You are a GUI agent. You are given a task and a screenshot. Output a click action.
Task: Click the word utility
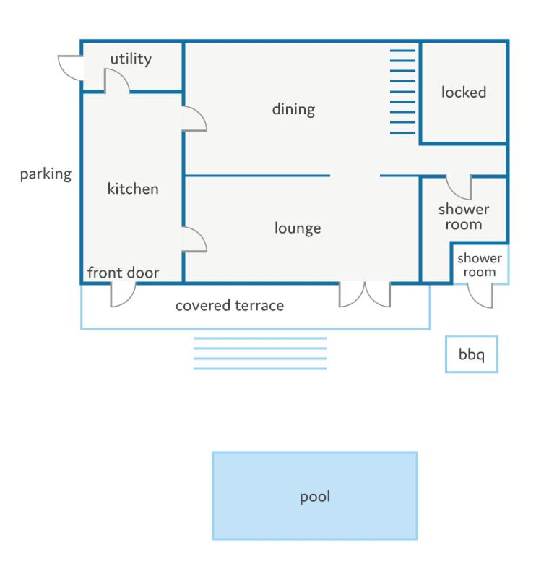[131, 59]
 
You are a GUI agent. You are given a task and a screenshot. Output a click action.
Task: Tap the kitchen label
[133, 189]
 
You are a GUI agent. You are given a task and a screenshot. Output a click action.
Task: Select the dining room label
[293, 109]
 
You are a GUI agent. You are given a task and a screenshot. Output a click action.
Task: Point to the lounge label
[298, 228]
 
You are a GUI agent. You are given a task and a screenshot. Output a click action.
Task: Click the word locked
[464, 92]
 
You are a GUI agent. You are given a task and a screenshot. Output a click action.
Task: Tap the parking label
[46, 174]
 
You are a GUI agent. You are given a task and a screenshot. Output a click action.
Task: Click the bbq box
[471, 354]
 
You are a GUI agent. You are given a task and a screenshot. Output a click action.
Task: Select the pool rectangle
[315, 496]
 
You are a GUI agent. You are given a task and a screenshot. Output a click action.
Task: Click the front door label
[124, 273]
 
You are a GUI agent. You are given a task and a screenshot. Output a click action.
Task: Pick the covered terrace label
[230, 306]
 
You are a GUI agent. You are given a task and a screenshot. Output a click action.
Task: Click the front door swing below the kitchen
[123, 295]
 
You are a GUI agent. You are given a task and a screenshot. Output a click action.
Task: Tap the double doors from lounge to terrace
[365, 294]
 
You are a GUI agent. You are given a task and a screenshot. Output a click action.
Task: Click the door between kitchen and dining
[194, 119]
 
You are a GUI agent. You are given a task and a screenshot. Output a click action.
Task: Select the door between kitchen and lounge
[194, 239]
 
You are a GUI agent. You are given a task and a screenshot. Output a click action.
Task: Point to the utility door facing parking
[71, 68]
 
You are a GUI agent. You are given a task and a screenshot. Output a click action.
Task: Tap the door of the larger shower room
[459, 187]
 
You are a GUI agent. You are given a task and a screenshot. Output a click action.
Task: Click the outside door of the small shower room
[480, 296]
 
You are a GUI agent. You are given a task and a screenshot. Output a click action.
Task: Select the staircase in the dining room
[402, 92]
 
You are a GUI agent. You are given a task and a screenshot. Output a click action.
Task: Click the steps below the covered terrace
[260, 354]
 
